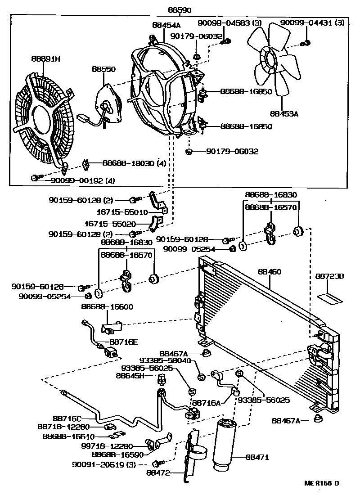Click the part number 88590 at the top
[180, 10]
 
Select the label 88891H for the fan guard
[46, 58]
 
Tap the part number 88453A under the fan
[284, 114]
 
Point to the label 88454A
[166, 24]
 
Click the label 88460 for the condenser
[270, 271]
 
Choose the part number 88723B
[330, 276]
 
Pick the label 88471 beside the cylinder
[257, 457]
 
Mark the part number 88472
[158, 472]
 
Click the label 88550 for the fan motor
[103, 69]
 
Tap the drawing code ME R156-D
[322, 483]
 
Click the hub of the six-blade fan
[268, 60]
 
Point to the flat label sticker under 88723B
[330, 298]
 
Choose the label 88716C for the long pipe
[67, 418]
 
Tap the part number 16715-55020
[110, 224]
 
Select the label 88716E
[123, 342]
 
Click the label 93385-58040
[165, 360]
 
